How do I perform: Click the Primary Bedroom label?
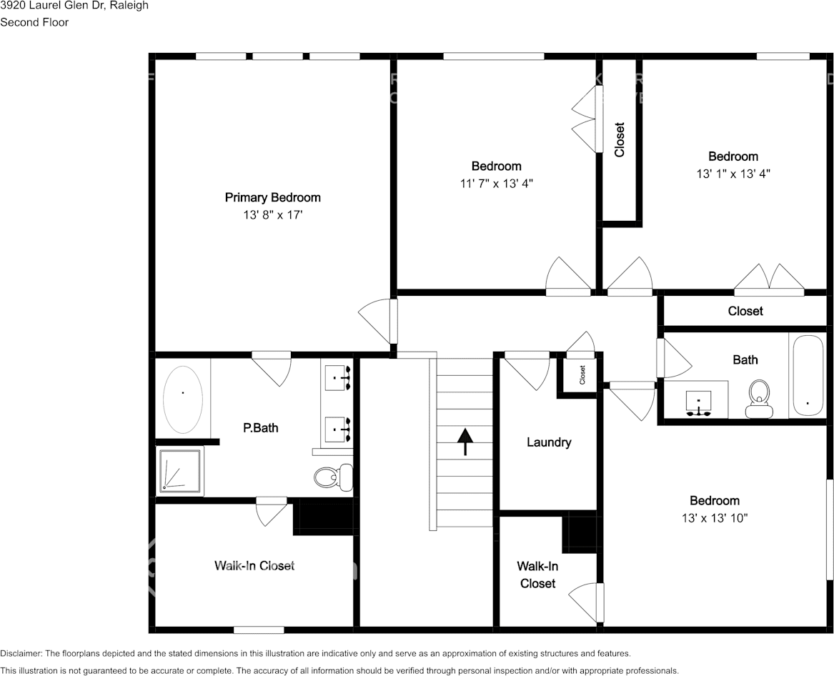[272, 197]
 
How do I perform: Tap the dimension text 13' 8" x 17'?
[272, 214]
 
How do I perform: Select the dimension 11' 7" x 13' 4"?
[496, 183]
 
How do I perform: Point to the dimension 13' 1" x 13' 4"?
[733, 173]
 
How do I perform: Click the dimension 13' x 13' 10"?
[714, 517]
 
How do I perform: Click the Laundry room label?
[548, 442]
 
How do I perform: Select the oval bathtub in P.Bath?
[183, 399]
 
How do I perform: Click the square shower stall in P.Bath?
[179, 470]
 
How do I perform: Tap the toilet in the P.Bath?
[334, 476]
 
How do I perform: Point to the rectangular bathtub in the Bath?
[808, 375]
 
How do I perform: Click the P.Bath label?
[261, 428]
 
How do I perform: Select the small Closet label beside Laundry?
[582, 372]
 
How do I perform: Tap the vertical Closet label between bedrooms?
[620, 140]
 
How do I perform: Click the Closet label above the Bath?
[745, 311]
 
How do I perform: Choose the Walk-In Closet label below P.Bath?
[254, 565]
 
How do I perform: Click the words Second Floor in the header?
[34, 22]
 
